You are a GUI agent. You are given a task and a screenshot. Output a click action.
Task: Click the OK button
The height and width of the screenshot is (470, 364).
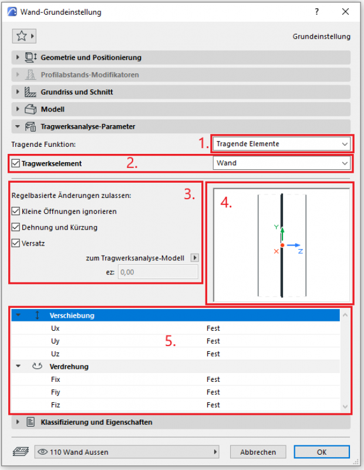[322, 452]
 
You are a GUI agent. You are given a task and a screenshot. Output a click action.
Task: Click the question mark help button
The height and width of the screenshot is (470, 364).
[317, 12]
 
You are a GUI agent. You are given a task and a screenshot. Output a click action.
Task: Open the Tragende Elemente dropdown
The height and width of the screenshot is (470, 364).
[281, 144]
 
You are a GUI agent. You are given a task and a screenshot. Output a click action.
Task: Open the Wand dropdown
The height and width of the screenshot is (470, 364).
[281, 163]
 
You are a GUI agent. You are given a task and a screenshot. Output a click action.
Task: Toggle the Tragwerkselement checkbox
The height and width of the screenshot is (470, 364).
[15, 163]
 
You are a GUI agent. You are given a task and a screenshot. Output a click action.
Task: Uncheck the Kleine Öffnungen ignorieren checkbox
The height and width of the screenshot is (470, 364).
[15, 211]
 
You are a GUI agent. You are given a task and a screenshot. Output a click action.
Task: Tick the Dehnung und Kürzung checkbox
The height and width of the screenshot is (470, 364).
[15, 227]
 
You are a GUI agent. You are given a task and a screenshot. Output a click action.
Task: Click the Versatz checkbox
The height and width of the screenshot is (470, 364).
[15, 243]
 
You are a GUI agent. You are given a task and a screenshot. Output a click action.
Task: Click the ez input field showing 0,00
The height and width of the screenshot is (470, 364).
[158, 271]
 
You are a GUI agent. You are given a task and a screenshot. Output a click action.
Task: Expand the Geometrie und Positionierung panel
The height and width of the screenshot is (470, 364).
[91, 58]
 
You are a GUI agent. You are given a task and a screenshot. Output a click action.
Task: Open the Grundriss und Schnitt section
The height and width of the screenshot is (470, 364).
[77, 92]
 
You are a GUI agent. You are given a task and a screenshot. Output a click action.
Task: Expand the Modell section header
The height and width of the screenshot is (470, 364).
[52, 109]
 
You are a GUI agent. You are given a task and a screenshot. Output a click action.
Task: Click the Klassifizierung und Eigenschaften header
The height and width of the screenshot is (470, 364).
[96, 422]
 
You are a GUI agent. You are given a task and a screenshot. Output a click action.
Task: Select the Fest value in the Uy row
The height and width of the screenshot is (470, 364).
[213, 341]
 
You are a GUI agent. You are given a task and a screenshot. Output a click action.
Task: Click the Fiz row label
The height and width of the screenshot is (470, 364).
[56, 405]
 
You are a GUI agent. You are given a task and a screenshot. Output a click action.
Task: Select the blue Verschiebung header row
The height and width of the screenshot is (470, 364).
[176, 315]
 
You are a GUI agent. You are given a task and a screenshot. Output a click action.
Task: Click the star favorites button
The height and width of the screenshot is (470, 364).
[24, 36]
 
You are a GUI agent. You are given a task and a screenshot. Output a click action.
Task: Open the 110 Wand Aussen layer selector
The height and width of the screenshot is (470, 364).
[126, 452]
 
